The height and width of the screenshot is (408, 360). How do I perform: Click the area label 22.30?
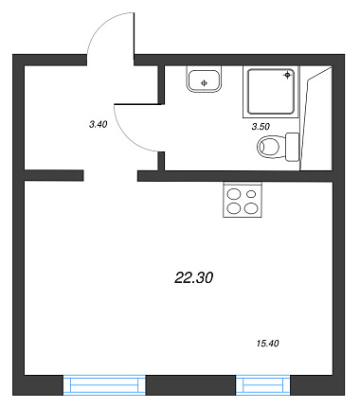tap(194, 277)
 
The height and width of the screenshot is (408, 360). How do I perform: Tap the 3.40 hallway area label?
tap(99, 124)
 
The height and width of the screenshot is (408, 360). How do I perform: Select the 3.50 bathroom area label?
tap(261, 127)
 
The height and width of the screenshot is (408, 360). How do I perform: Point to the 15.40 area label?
tap(268, 343)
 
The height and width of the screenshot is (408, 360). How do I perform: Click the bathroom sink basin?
tap(204, 80)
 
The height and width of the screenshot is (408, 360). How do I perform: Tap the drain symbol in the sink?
tap(204, 83)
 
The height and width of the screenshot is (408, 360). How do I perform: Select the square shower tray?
tap(271, 92)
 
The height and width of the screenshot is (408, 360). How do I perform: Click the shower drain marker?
tap(287, 75)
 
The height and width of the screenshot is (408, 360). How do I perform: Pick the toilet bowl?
tap(269, 147)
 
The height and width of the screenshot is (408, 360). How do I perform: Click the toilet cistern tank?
tap(293, 147)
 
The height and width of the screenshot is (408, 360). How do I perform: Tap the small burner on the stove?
tap(251, 194)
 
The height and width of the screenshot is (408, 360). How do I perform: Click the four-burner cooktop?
tap(243, 200)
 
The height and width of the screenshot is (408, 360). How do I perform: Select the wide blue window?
tap(104, 385)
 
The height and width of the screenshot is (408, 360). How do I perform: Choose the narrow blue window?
tap(263, 385)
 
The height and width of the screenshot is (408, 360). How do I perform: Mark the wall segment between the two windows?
tap(190, 385)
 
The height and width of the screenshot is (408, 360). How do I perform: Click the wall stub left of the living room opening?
tap(54, 175)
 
